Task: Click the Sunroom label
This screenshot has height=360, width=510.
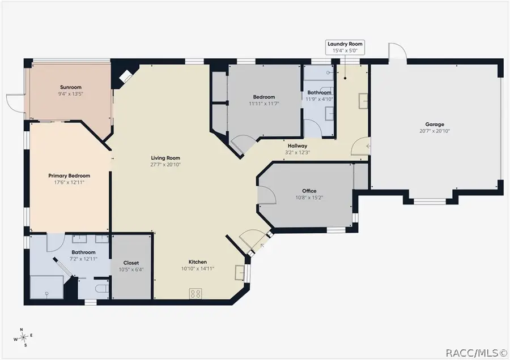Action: [71, 87]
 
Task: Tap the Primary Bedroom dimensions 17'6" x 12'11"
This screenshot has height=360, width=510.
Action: [69, 182]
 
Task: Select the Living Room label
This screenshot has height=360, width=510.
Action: [165, 158]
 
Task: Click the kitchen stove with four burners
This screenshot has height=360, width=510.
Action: [195, 294]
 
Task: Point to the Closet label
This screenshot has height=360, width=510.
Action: [131, 263]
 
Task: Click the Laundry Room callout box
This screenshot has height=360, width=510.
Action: [345, 47]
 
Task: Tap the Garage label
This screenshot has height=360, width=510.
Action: [435, 124]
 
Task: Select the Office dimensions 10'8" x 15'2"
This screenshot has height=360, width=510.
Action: [309, 198]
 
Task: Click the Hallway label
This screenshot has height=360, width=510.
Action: [297, 146]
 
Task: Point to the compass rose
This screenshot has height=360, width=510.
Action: [23, 338]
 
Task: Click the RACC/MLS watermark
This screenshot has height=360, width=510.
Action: [477, 353]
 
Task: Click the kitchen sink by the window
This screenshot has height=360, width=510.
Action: [240, 272]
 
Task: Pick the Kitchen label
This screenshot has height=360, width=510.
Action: [198, 262]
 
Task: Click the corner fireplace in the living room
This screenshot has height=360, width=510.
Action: [125, 76]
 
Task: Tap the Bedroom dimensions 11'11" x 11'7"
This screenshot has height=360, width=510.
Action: [264, 104]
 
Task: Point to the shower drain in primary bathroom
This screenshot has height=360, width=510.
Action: [46, 293]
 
